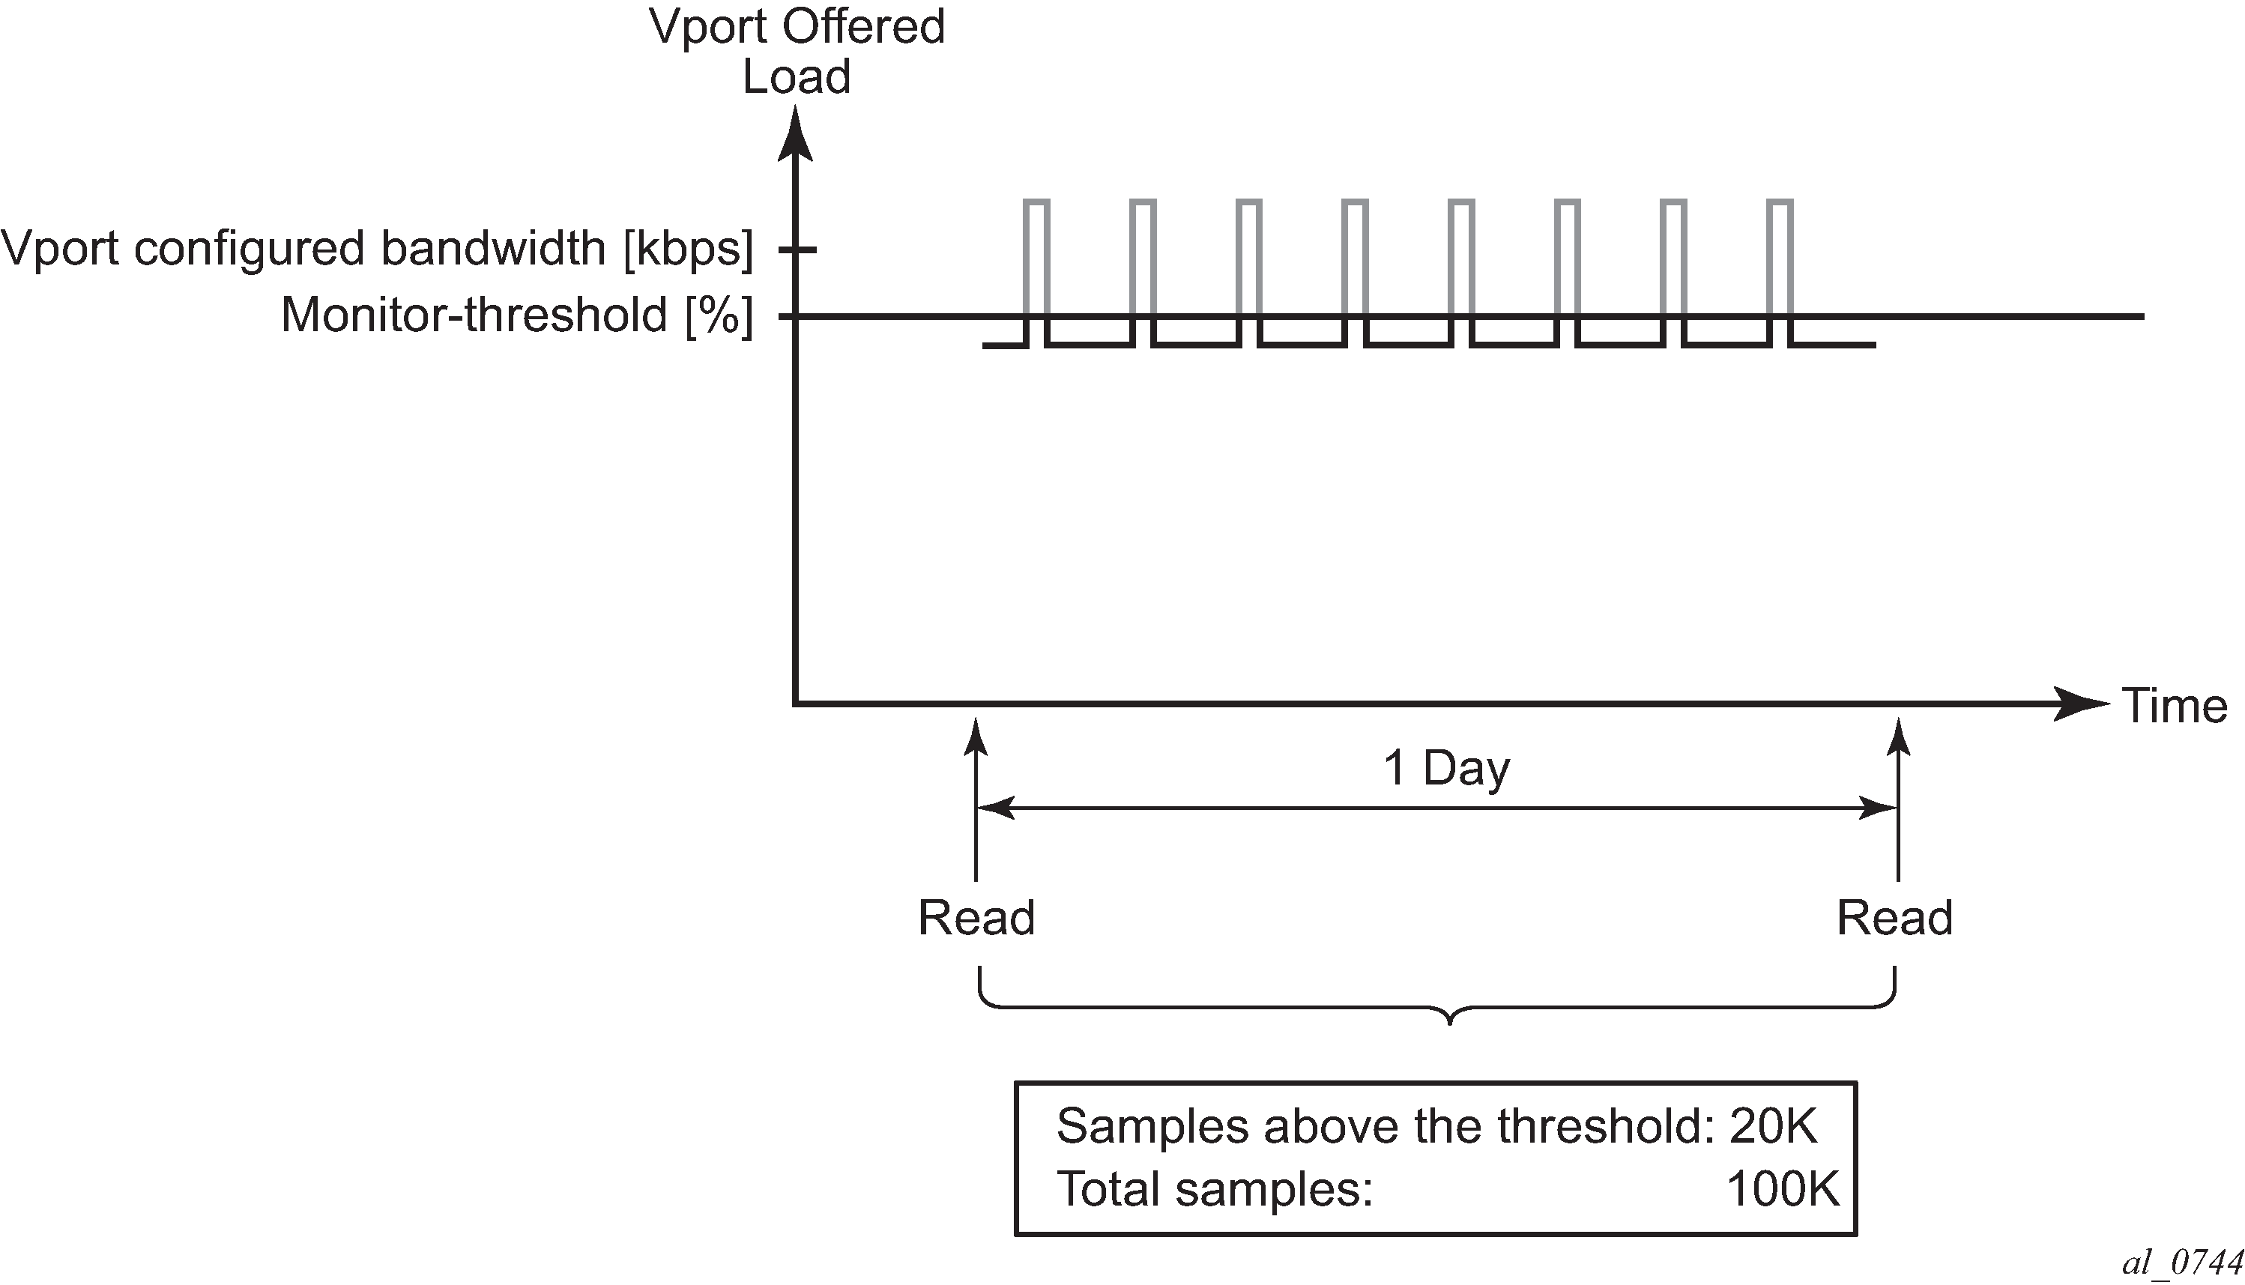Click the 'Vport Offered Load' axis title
pyautogui.click(x=797, y=51)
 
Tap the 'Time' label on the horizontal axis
pyautogui.click(x=2174, y=706)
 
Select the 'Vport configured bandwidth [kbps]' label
pyautogui.click(x=378, y=249)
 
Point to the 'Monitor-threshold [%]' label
pyautogui.click(x=517, y=315)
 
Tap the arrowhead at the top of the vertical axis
pyautogui.click(x=795, y=133)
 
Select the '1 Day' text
pyautogui.click(x=1446, y=768)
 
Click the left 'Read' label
pyautogui.click(x=976, y=918)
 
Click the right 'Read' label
pyautogui.click(x=1894, y=918)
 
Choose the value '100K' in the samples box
pyautogui.click(x=1783, y=1189)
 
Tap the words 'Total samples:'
pyautogui.click(x=1215, y=1189)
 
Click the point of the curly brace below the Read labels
pyautogui.click(x=1450, y=1023)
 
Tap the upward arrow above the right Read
pyautogui.click(x=1898, y=799)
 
